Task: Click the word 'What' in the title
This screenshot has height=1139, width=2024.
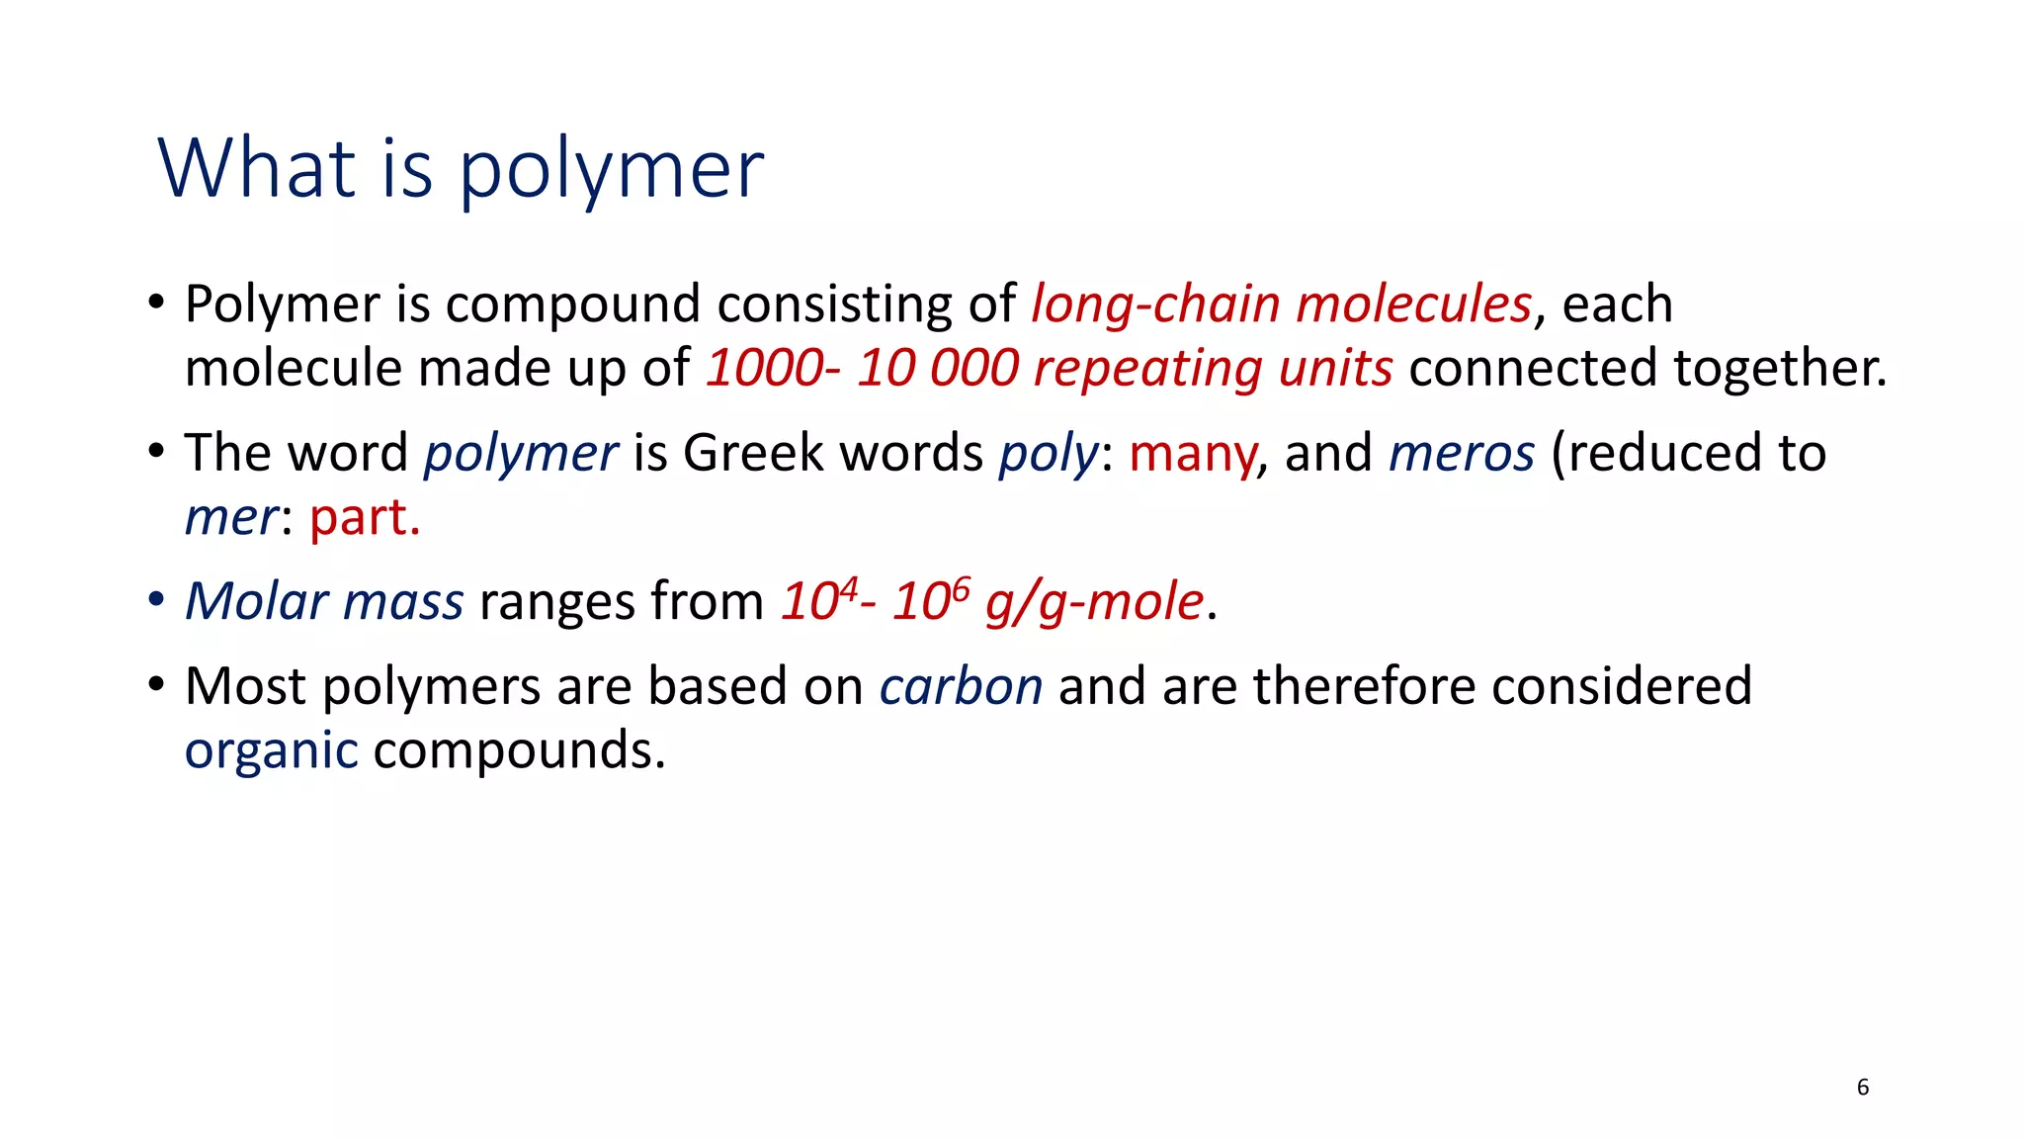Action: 256,169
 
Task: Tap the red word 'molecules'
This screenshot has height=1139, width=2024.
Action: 1413,305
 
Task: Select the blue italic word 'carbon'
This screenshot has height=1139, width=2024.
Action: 961,687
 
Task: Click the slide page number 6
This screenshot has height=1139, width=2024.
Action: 1863,1088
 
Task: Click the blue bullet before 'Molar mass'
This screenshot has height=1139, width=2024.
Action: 156,600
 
